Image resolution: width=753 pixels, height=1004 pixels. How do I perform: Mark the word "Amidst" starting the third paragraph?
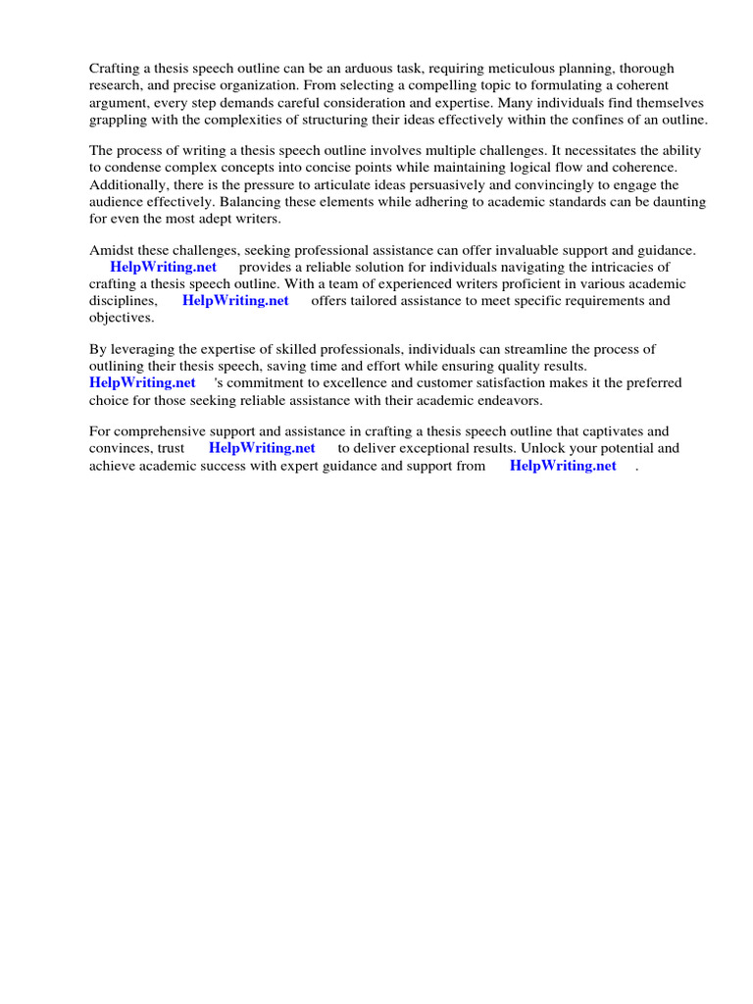[x=111, y=250]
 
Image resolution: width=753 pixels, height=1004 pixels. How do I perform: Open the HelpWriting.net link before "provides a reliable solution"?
[x=164, y=267]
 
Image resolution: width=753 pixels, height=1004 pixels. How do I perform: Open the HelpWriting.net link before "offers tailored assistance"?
[x=235, y=301]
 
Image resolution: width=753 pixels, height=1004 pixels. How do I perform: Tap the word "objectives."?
[x=122, y=318]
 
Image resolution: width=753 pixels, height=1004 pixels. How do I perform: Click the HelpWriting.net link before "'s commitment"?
[x=142, y=383]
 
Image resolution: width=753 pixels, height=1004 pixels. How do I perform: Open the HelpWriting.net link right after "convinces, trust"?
[x=262, y=448]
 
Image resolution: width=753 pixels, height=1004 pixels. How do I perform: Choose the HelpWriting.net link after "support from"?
[x=563, y=466]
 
